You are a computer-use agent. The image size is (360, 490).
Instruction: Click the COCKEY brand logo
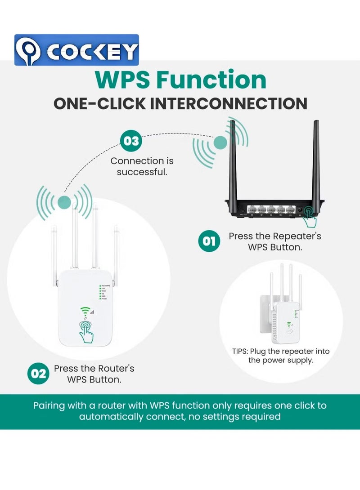pyautogui.click(x=76, y=50)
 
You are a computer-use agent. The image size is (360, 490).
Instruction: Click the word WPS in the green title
pyautogui.click(x=122, y=80)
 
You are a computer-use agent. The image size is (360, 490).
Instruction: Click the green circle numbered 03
pyautogui.click(x=131, y=141)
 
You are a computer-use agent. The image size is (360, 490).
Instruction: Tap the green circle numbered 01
pyautogui.click(x=209, y=241)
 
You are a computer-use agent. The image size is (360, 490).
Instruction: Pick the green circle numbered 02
pyautogui.click(x=39, y=374)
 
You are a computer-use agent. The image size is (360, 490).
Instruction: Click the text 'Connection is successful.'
pyautogui.click(x=142, y=166)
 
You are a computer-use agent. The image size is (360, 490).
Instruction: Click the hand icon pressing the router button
pyautogui.click(x=310, y=217)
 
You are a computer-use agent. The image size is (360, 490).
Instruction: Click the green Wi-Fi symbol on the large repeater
pyautogui.click(x=85, y=311)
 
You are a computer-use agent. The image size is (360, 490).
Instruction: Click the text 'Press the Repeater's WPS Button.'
pyautogui.click(x=275, y=241)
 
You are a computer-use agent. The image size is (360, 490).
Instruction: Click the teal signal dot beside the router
pyautogui.click(x=220, y=143)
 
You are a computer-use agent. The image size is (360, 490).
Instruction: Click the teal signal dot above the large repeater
pyautogui.click(x=64, y=201)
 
